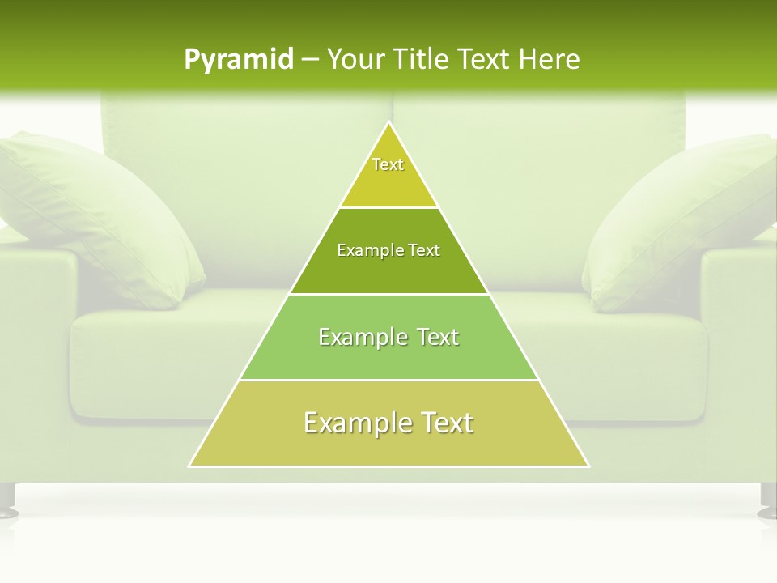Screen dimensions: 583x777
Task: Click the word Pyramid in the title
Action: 239,60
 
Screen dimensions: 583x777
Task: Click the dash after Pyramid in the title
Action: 310,60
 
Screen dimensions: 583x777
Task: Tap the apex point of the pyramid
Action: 389,123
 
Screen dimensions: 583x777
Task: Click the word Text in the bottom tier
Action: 441,423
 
